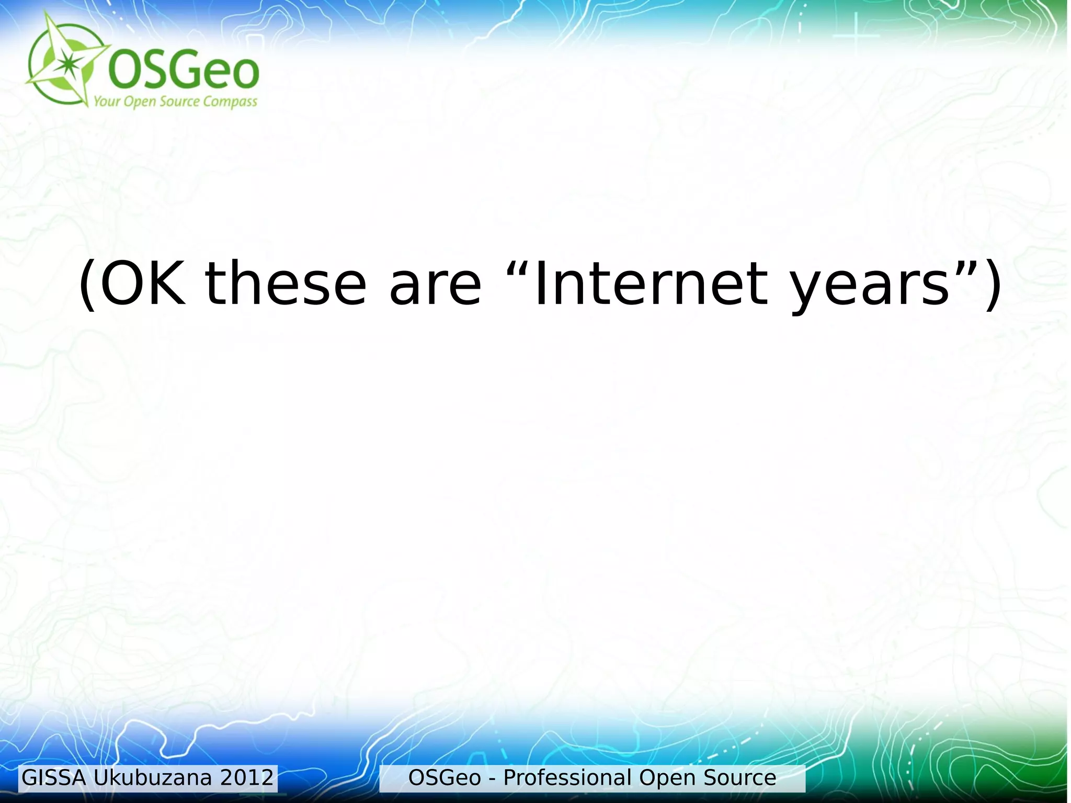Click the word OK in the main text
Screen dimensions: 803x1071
coord(143,284)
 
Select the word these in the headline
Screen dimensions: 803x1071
coord(286,284)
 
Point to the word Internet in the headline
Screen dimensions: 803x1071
coord(651,284)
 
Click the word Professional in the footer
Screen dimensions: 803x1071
coord(567,778)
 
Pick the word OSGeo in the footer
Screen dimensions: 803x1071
coord(445,778)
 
